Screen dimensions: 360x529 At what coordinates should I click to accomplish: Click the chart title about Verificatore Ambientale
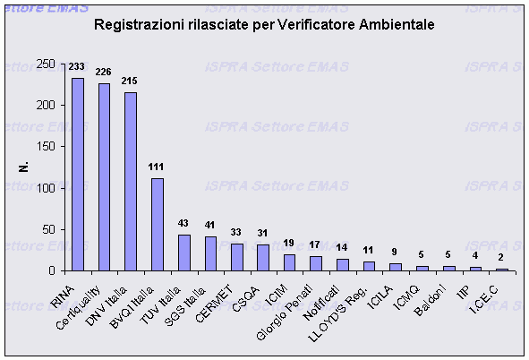[x=264, y=25]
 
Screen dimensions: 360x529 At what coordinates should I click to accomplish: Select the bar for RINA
[x=78, y=174]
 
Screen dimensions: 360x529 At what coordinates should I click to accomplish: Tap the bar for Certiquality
[x=105, y=176]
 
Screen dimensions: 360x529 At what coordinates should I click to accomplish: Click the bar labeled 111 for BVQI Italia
[x=158, y=224]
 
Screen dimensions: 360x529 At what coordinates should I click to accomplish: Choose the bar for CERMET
[x=237, y=257]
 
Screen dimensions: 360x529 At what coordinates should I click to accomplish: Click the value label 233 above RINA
[x=77, y=66]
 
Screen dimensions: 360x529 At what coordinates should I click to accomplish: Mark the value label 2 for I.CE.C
[x=502, y=258]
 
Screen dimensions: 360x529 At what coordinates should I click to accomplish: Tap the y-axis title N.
[x=23, y=167]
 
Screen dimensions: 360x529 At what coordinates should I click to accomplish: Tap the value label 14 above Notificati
[x=343, y=248]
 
